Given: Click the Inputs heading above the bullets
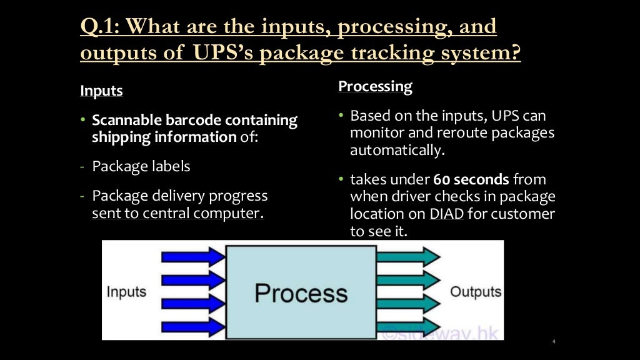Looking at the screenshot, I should pyautogui.click(x=101, y=91).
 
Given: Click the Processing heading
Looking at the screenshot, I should pyautogui.click(x=375, y=86).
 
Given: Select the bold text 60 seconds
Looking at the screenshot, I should pyautogui.click(x=471, y=180).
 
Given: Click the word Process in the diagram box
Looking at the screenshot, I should pyautogui.click(x=301, y=292).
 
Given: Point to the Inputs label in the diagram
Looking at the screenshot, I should pyautogui.click(x=126, y=292).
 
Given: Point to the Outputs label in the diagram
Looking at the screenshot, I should pyautogui.click(x=476, y=292).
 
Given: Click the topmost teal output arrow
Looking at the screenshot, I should pyautogui.click(x=409, y=256).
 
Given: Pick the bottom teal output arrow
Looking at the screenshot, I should pyautogui.click(x=409, y=327).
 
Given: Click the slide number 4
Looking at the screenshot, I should pyautogui.click(x=554, y=341).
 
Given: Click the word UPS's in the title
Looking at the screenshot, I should pyautogui.click(x=220, y=53).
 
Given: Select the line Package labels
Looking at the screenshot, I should pyautogui.click(x=141, y=167).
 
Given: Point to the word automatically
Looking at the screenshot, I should pyautogui.click(x=394, y=151).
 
